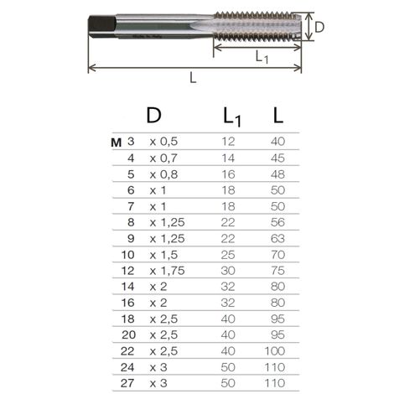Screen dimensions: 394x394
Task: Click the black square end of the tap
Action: tap(102, 26)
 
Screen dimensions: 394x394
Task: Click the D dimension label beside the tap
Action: tap(319, 28)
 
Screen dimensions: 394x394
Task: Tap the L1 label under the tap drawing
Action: tap(262, 58)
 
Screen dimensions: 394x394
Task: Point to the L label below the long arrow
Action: tap(193, 77)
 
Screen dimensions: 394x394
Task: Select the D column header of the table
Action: tap(153, 115)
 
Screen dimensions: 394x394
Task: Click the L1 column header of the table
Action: tap(232, 117)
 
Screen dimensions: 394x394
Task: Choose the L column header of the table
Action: tap(278, 116)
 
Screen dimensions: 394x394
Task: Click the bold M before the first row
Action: tap(116, 143)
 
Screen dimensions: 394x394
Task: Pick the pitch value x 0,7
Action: tap(163, 158)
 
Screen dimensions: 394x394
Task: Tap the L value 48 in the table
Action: tap(277, 174)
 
